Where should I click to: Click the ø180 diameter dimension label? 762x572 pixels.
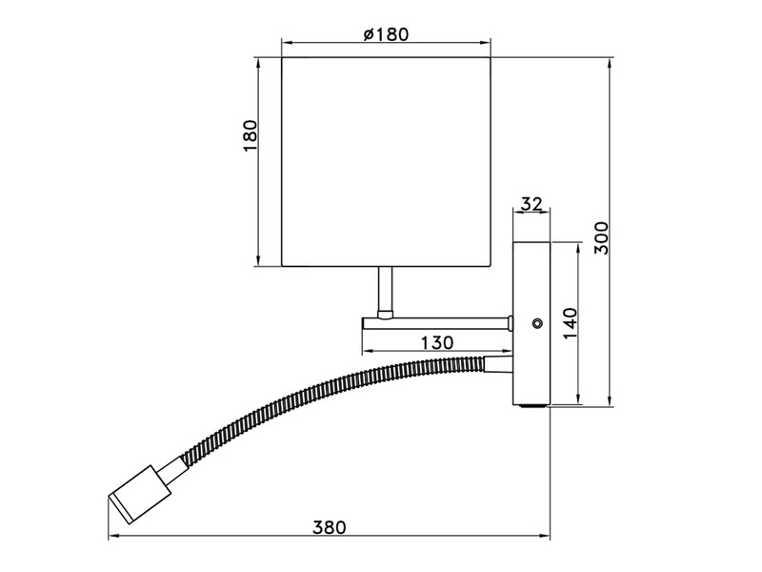click(386, 33)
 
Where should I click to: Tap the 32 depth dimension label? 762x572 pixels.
click(531, 203)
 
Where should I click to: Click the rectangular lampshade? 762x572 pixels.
click(388, 162)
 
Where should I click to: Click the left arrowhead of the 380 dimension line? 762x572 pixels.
click(113, 539)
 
